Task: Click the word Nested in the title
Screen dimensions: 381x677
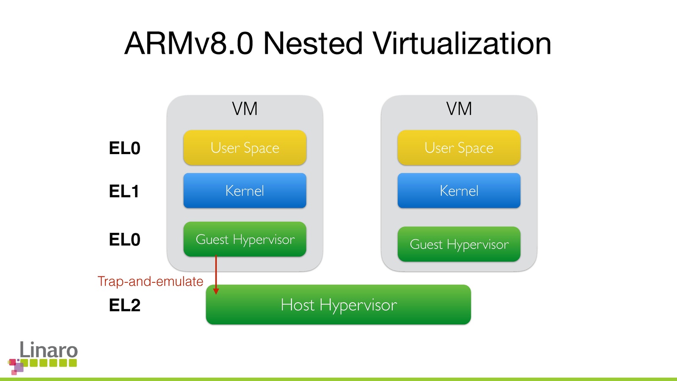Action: [x=313, y=44]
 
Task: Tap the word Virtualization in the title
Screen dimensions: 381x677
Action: [x=462, y=44]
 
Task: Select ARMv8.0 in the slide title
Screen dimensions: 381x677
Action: [x=189, y=44]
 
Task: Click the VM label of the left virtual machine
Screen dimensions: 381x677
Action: [x=245, y=109]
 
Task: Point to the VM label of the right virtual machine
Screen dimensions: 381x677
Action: [x=459, y=109]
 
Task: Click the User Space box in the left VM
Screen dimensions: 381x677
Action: [x=245, y=148]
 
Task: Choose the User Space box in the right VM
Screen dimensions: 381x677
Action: [x=459, y=148]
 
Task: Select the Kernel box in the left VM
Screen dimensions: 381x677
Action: [x=245, y=190]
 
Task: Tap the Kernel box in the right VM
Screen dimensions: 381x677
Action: [x=459, y=190]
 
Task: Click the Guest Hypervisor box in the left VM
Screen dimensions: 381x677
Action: [x=245, y=239]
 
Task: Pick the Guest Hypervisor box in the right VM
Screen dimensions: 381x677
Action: [x=459, y=244]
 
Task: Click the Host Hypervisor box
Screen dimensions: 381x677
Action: [x=338, y=305]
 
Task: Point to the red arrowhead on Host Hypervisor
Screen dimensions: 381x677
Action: [x=216, y=291]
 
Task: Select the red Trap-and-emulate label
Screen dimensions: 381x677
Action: [x=150, y=282]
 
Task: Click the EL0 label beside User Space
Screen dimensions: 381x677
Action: [x=124, y=148]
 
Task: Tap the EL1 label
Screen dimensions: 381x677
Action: [x=124, y=191]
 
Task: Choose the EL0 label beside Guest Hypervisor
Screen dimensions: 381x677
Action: [x=124, y=240]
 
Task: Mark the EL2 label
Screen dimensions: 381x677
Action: [x=124, y=305]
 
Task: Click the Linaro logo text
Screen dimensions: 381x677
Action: [x=49, y=350]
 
